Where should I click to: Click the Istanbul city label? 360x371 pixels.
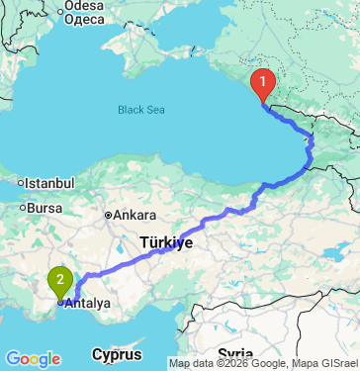(49, 183)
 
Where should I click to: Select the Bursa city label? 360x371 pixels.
(45, 208)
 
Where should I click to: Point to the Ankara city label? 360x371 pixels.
(135, 215)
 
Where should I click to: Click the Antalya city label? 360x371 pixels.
(88, 304)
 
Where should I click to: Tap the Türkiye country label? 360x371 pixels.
(165, 241)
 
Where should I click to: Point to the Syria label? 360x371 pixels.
(236, 354)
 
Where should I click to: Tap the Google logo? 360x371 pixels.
(33, 358)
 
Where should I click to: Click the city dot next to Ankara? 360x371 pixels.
(110, 215)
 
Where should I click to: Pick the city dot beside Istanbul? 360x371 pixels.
(20, 183)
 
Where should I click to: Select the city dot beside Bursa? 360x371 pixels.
(24, 208)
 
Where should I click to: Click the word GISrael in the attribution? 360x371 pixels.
(337, 363)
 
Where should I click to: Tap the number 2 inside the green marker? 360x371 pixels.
(61, 279)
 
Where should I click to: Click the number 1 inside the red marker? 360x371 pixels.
(263, 79)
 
